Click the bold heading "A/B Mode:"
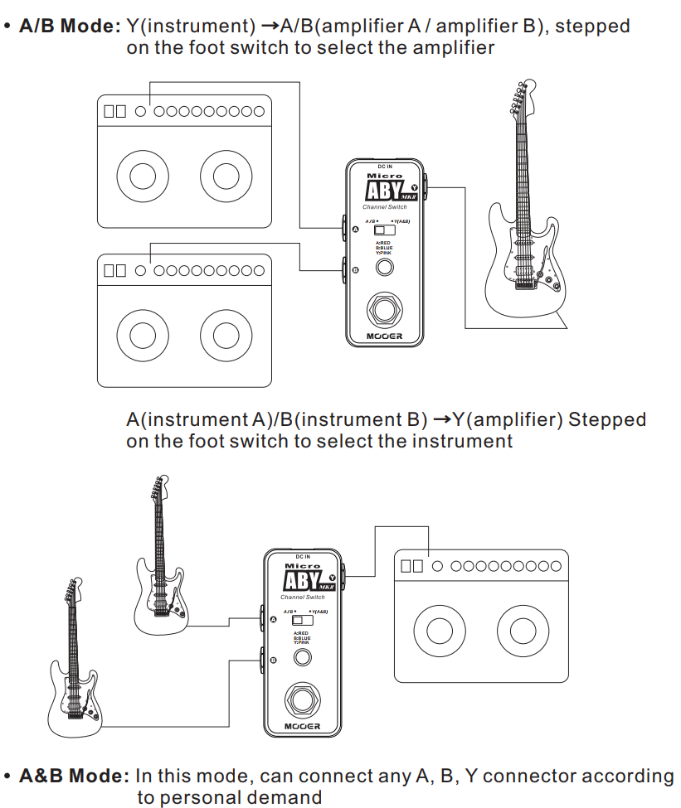tap(70, 26)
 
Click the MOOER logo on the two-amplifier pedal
tap(384, 336)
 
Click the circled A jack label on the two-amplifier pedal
tap(355, 228)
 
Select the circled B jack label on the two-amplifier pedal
tap(355, 270)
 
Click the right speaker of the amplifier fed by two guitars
tap(523, 631)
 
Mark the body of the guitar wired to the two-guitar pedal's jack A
tap(162, 601)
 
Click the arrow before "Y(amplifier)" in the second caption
tap(441, 420)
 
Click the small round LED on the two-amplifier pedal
tap(384, 268)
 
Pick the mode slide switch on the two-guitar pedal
tap(303, 620)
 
